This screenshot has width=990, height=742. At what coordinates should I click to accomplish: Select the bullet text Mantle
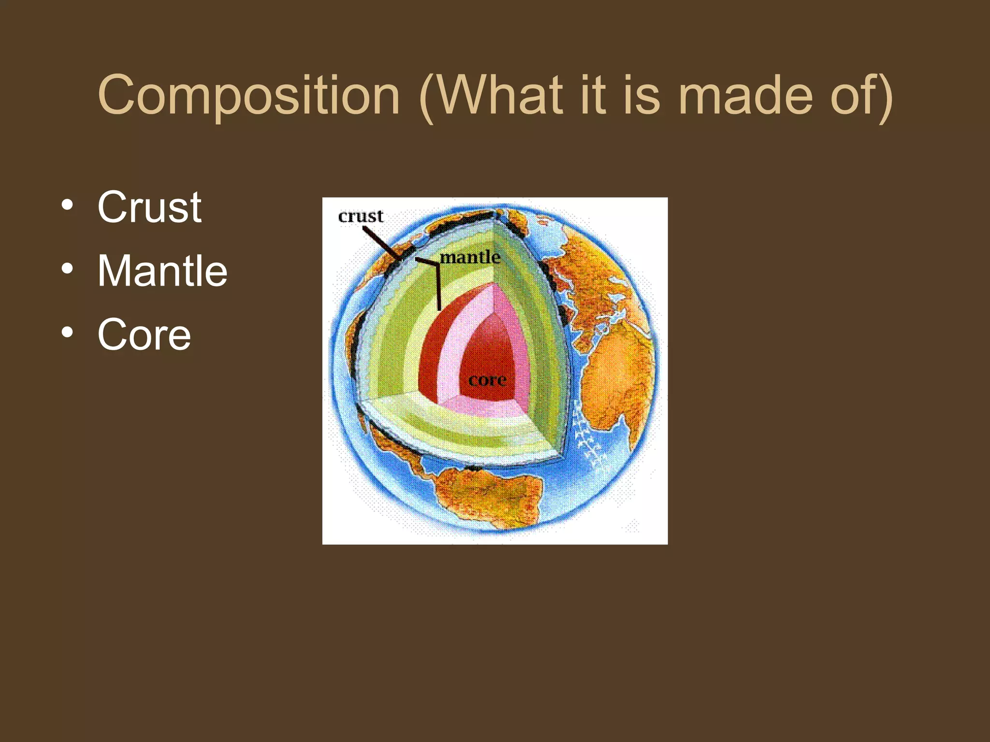(162, 271)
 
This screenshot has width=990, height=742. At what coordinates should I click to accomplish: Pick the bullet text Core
(144, 334)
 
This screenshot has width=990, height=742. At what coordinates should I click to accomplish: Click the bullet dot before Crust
(68, 205)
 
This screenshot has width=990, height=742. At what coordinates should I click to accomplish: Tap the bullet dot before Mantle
(68, 269)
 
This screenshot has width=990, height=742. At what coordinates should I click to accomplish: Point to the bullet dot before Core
(68, 332)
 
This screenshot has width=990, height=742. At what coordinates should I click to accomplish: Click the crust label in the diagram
(361, 216)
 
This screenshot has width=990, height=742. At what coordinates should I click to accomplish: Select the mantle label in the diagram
(469, 257)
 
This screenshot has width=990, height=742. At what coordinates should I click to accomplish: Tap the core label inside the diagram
(487, 380)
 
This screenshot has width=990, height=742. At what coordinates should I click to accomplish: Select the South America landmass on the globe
(488, 498)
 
